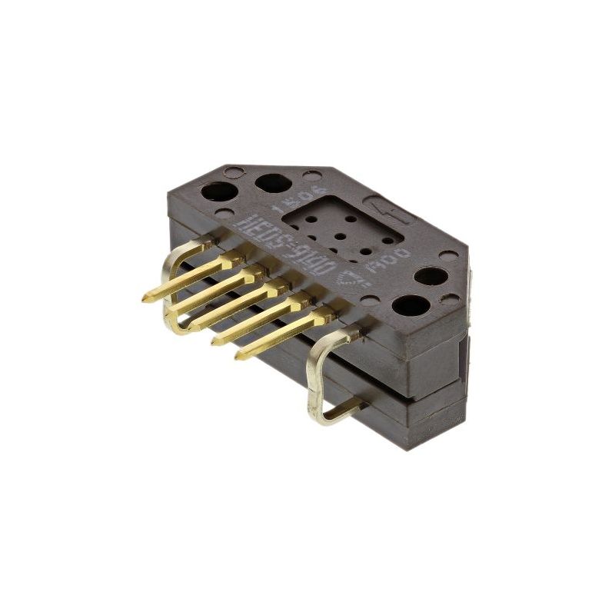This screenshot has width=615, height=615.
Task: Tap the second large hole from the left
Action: (x=273, y=184)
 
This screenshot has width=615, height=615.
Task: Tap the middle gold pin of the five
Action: (x=237, y=305)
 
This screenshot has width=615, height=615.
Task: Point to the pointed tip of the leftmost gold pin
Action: (x=145, y=298)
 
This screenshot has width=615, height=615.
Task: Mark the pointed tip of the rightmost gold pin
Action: (x=239, y=355)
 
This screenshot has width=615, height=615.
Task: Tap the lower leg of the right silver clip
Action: (x=342, y=411)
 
